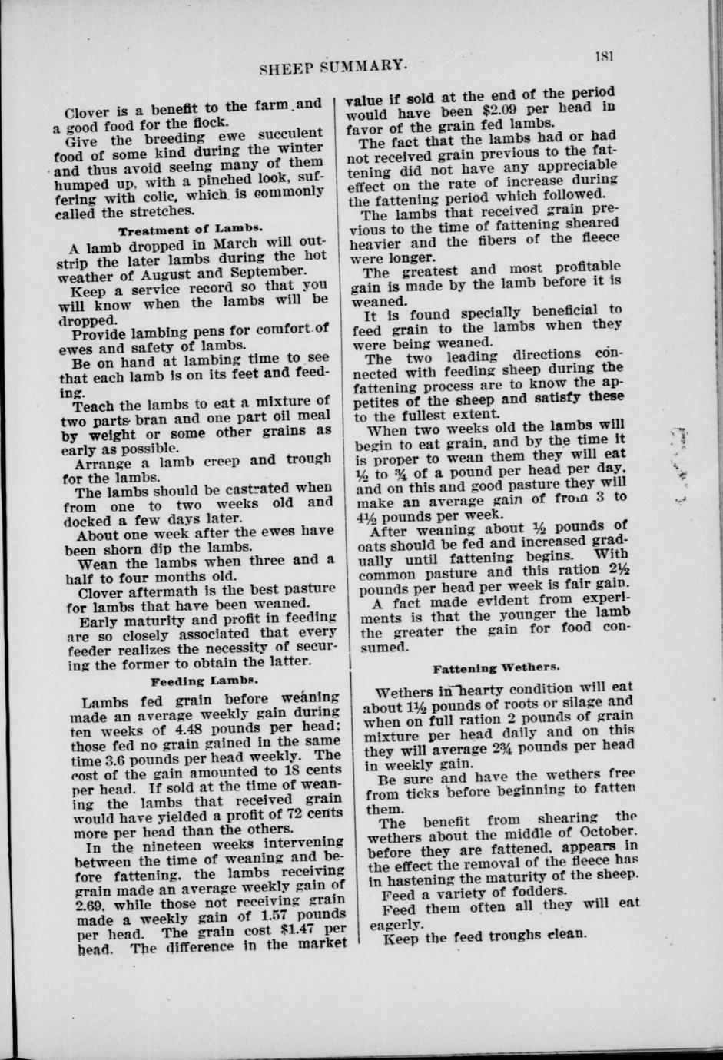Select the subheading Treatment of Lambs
(191, 229)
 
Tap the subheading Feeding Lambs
(204, 681)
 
